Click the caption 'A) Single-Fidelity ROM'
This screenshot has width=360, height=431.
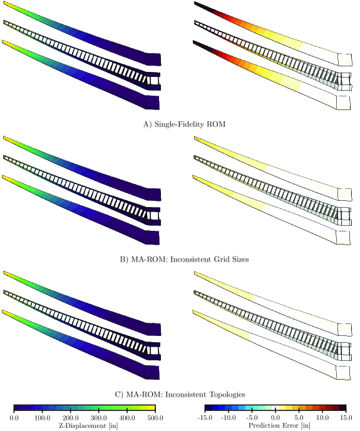click(184, 124)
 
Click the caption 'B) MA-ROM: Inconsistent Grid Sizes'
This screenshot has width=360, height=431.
click(184, 260)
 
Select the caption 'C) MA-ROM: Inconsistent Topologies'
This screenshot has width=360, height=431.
click(180, 395)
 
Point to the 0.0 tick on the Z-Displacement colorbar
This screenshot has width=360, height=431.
click(14, 418)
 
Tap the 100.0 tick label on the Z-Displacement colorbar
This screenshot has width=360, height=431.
click(43, 418)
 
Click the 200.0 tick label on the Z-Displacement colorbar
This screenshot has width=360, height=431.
click(71, 418)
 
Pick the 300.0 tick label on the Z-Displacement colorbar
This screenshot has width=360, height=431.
click(99, 418)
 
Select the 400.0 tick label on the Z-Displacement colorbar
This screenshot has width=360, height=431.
click(127, 418)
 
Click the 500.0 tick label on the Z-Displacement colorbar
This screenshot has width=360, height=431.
click(155, 418)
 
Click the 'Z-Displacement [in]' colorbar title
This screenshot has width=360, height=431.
click(88, 425)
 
